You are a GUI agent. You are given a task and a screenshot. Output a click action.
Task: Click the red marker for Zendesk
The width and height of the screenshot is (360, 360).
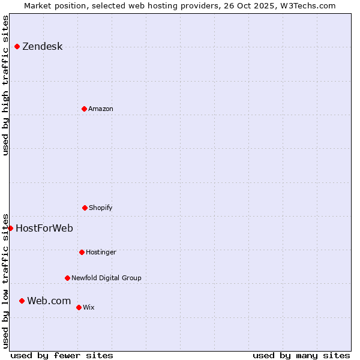17,46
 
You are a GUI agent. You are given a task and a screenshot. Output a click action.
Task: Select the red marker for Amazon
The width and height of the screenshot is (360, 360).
84,109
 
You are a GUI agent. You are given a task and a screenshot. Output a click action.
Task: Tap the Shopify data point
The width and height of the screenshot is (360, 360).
85,208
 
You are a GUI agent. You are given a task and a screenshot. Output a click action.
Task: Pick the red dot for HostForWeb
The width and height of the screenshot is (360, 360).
10,228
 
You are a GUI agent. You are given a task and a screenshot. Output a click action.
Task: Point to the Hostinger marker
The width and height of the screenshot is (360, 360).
82,252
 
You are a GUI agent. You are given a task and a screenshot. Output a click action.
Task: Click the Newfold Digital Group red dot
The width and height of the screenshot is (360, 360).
67,278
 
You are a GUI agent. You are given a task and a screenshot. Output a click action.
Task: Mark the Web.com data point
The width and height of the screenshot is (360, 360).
22,301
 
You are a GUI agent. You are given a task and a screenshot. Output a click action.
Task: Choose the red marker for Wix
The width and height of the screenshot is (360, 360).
79,307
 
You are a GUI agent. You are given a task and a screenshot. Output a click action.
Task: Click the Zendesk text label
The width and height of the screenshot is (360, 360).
42,47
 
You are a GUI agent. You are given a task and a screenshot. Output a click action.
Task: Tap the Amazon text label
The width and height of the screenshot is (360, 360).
101,109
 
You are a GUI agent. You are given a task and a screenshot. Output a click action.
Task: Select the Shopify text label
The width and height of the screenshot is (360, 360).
101,208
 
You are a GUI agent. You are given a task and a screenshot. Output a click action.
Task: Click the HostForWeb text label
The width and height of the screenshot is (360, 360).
44,229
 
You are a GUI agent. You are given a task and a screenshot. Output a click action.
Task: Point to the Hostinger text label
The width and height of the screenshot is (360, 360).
101,253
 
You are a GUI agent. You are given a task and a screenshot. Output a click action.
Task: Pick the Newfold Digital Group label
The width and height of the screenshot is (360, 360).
106,278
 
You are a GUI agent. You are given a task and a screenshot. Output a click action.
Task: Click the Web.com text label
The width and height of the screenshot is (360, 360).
49,301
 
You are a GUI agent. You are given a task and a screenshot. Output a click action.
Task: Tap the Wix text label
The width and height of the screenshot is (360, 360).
89,308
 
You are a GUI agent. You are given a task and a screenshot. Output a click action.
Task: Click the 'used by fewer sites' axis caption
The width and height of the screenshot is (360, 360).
62,356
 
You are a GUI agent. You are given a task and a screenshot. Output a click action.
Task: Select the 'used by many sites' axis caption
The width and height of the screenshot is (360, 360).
301,356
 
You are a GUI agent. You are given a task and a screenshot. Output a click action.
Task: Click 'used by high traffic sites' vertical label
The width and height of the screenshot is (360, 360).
5,85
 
